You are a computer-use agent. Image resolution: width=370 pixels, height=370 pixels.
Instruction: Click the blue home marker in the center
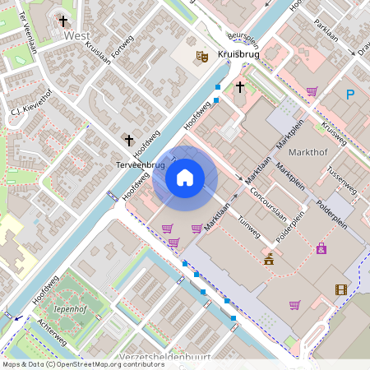185,177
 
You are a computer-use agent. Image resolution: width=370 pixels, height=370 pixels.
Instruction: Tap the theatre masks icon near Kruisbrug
201,57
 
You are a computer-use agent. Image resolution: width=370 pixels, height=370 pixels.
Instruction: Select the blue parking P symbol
349,95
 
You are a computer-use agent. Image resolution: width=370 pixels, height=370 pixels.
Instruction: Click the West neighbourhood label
76,36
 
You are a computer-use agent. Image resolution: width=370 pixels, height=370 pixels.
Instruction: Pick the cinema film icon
341,289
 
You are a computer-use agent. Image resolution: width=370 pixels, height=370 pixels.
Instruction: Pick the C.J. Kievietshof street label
31,105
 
